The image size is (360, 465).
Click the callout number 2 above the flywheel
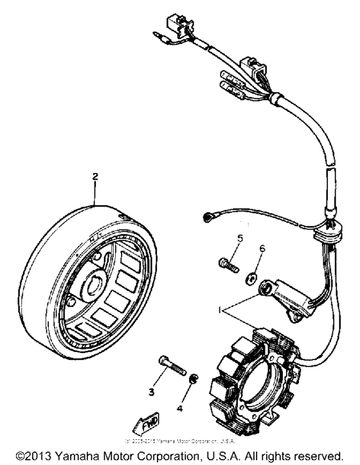click(x=95, y=175)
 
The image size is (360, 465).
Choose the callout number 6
click(x=262, y=248)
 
